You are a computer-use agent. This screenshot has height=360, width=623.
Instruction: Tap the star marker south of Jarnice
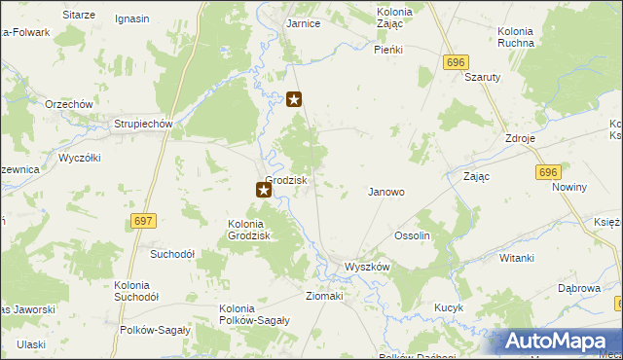(x=295, y=98)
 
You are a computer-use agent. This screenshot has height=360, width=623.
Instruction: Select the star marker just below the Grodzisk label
(x=263, y=191)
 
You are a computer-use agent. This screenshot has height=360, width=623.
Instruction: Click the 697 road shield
(x=142, y=222)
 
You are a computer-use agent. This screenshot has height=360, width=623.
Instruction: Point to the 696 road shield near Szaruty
(x=453, y=61)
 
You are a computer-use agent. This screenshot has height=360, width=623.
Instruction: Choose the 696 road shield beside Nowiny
(x=548, y=171)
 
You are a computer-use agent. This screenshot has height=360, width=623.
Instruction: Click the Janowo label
(x=385, y=192)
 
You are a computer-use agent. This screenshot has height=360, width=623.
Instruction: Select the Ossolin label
(x=412, y=236)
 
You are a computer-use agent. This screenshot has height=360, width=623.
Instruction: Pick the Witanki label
(x=517, y=258)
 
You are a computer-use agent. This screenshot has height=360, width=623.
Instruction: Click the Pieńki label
(x=389, y=48)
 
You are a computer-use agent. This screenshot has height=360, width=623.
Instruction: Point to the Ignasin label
(x=131, y=18)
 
